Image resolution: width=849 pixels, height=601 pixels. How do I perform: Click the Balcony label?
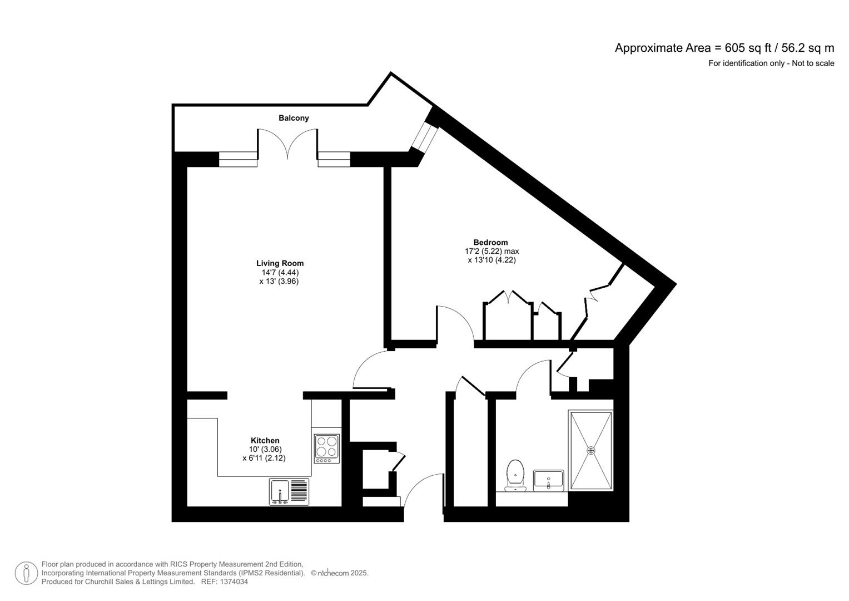click(x=294, y=118)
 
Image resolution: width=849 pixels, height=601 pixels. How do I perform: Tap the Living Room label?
click(x=280, y=263)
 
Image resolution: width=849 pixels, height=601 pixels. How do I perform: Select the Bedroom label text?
click(x=490, y=242)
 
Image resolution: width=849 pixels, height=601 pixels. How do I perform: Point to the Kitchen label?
click(x=265, y=440)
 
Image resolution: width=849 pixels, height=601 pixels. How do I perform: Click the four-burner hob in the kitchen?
click(x=326, y=449)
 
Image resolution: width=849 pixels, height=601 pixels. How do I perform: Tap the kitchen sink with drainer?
click(x=289, y=492)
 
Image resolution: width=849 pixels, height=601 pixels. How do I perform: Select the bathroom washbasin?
click(x=549, y=480)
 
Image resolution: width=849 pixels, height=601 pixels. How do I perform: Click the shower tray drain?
click(x=591, y=450)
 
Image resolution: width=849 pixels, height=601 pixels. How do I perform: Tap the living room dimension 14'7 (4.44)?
click(x=280, y=273)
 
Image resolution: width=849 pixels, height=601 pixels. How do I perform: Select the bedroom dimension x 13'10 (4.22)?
click(x=491, y=259)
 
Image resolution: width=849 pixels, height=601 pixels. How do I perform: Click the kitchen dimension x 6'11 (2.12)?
click(x=264, y=458)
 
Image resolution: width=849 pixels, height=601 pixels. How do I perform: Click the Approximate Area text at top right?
click(x=724, y=48)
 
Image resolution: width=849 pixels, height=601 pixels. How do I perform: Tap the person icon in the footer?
click(x=26, y=573)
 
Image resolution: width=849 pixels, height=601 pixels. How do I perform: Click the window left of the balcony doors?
click(x=238, y=159)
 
